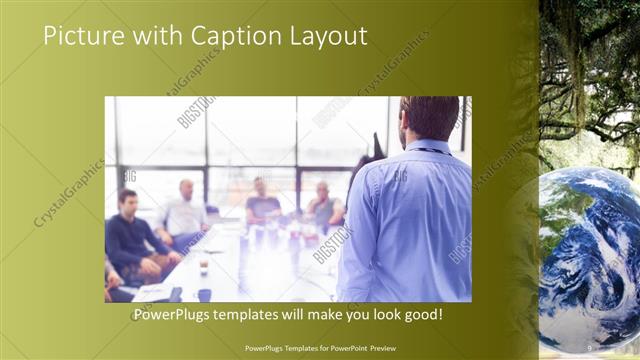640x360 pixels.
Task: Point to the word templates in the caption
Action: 263,314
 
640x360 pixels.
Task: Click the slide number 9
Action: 590,347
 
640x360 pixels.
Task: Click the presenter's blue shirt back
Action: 410,220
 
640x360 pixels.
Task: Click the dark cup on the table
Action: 204,294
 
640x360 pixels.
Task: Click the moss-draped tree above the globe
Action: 590,80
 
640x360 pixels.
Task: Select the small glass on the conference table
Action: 203,267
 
